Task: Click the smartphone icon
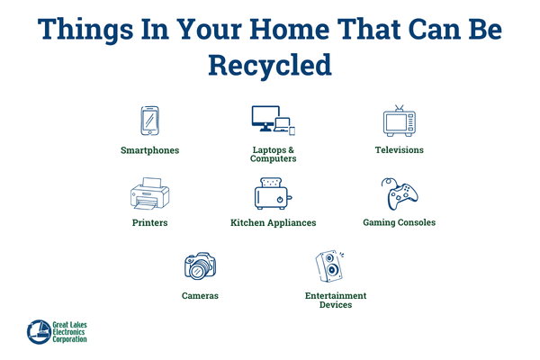tap(149, 121)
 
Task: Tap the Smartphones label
tap(149, 149)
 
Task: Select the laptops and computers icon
tap(273, 121)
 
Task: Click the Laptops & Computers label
tap(273, 154)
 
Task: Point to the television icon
tap(399, 121)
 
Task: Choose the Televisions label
tap(399, 149)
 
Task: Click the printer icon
tap(149, 193)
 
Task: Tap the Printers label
tap(149, 222)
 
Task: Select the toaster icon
tap(273, 193)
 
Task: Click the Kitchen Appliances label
tap(273, 222)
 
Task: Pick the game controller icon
tap(399, 193)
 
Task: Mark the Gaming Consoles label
tap(399, 222)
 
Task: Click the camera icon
tap(200, 265)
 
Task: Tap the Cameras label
tap(200, 294)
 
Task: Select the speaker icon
tap(329, 265)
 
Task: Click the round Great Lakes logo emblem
tap(40, 331)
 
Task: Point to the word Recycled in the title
tap(270, 65)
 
